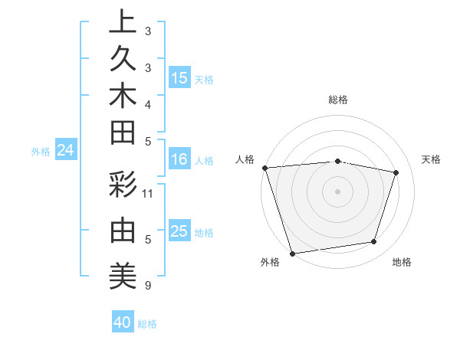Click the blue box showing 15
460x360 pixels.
pos(179,78)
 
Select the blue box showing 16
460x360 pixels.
pos(179,160)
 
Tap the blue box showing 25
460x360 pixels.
pos(179,231)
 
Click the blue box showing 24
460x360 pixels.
pos(66,151)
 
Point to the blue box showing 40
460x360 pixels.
pos(123,322)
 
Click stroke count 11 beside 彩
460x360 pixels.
pos(148,193)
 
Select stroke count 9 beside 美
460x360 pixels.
pos(148,286)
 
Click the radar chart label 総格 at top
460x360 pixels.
pos(338,100)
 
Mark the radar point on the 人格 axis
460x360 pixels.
pos(264,167)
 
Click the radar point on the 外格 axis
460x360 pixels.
pos(293,253)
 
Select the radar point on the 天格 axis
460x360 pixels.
pos(396,172)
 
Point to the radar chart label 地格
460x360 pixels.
pos(402,263)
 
